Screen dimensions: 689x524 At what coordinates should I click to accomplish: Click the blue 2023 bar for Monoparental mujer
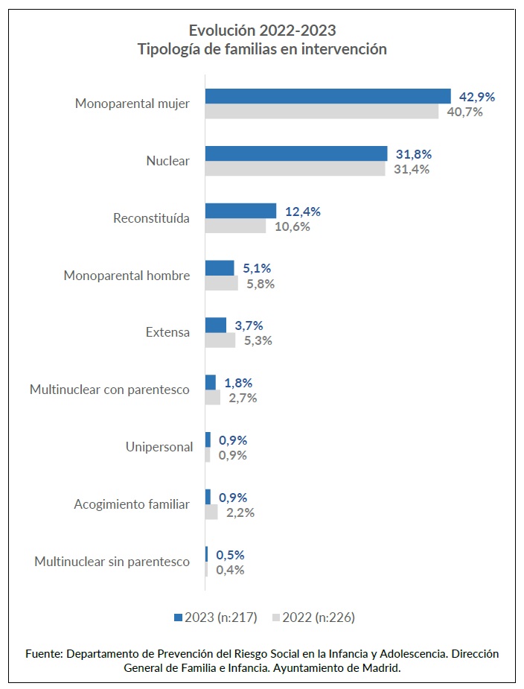tap(327, 96)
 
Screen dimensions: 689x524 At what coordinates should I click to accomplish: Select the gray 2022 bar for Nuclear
tap(295, 169)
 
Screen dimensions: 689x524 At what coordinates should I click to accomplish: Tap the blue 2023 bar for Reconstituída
tap(240, 211)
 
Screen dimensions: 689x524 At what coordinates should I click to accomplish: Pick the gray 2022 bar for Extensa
tap(220, 340)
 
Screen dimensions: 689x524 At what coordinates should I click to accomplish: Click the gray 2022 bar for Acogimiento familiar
tap(211, 512)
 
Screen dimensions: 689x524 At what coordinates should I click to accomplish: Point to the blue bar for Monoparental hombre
tap(220, 268)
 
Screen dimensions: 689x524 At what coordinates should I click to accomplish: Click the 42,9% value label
tap(477, 97)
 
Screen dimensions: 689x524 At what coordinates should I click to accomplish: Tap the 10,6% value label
tap(292, 226)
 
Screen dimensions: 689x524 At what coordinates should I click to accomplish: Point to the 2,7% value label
tap(242, 398)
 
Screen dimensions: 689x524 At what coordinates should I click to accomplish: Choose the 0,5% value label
tap(230, 555)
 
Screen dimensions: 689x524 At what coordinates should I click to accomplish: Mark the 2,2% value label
tap(240, 512)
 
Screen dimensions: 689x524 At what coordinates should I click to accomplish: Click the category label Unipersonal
tap(159, 447)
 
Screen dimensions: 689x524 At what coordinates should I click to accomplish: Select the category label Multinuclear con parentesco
tap(109, 390)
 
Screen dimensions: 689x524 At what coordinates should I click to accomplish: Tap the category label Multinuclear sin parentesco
tap(112, 562)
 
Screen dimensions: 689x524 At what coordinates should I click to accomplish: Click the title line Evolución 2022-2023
tap(262, 31)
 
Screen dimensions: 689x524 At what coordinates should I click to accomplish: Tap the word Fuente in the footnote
tap(43, 653)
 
